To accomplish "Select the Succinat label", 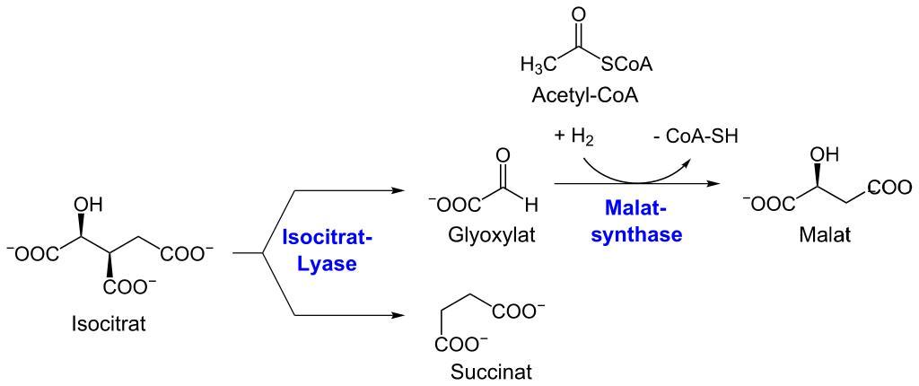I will click(x=488, y=371).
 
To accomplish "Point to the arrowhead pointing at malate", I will click(x=716, y=186).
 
